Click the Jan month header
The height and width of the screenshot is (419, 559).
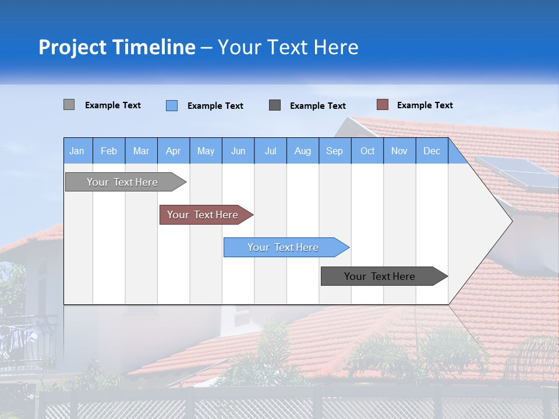tap(77, 151)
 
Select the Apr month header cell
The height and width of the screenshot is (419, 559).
tap(174, 151)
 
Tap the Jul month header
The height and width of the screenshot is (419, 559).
tap(270, 151)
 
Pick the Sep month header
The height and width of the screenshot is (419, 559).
tap(335, 151)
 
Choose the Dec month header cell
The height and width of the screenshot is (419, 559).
tap(431, 151)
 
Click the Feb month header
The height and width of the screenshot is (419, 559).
tap(109, 151)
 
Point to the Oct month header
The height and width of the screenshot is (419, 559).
tap(367, 151)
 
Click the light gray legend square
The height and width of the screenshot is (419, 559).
tap(69, 105)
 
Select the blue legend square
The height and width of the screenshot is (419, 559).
tap(171, 105)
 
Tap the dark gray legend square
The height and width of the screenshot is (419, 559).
tap(275, 105)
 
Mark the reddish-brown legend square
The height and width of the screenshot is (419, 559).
tap(382, 105)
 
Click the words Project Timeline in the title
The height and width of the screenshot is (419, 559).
tap(117, 47)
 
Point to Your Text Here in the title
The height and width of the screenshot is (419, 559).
tap(288, 47)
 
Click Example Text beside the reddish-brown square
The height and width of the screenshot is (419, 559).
tap(424, 105)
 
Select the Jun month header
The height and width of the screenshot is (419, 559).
tap(238, 151)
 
